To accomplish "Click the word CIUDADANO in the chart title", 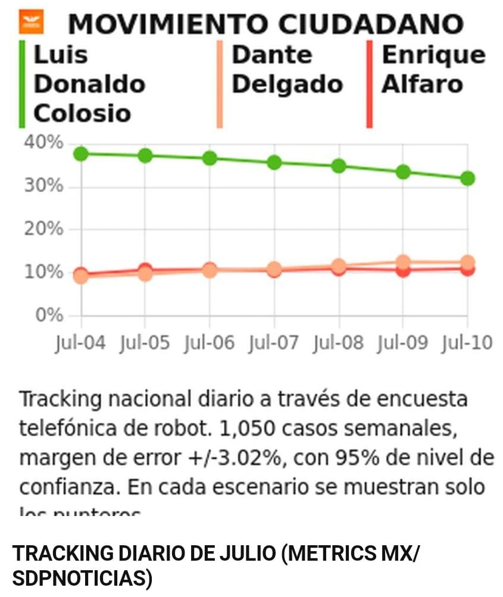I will click(x=371, y=24).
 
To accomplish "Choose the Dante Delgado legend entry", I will click(x=286, y=70).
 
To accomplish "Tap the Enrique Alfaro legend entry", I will click(x=433, y=70).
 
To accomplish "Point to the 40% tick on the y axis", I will click(x=43, y=143).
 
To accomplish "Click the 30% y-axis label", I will click(x=43, y=186).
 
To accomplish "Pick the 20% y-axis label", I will click(x=43, y=229).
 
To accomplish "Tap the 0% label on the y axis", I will click(x=49, y=315).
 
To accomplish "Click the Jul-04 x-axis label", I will click(x=80, y=343).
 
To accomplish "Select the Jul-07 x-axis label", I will click(x=274, y=343).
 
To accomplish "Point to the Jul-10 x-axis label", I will click(x=467, y=343).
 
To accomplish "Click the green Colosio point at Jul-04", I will click(x=81, y=154).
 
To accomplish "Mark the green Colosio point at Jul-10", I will click(x=467, y=179).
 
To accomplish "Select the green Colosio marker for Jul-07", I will click(x=274, y=162).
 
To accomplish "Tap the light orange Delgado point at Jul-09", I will click(x=403, y=262).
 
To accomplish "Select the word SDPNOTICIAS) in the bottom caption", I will click(x=82, y=578).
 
